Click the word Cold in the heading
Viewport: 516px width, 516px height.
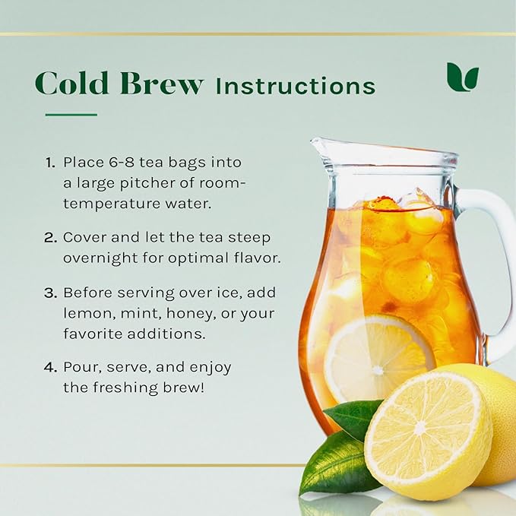coord(72,83)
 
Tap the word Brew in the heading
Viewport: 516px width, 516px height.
coord(161,83)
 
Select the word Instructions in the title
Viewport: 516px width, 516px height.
coord(296,86)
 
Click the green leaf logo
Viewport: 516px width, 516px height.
coord(462,77)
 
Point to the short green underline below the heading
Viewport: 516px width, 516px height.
coord(71,115)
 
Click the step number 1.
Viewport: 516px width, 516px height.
coord(50,163)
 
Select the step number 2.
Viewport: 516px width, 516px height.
coord(51,237)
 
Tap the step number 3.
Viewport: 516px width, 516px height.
coord(51,293)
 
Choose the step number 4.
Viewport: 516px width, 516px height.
coord(51,367)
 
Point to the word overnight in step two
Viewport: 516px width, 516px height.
coord(100,258)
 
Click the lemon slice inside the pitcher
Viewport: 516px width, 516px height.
coord(379,359)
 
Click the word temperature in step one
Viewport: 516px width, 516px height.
coord(112,204)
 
